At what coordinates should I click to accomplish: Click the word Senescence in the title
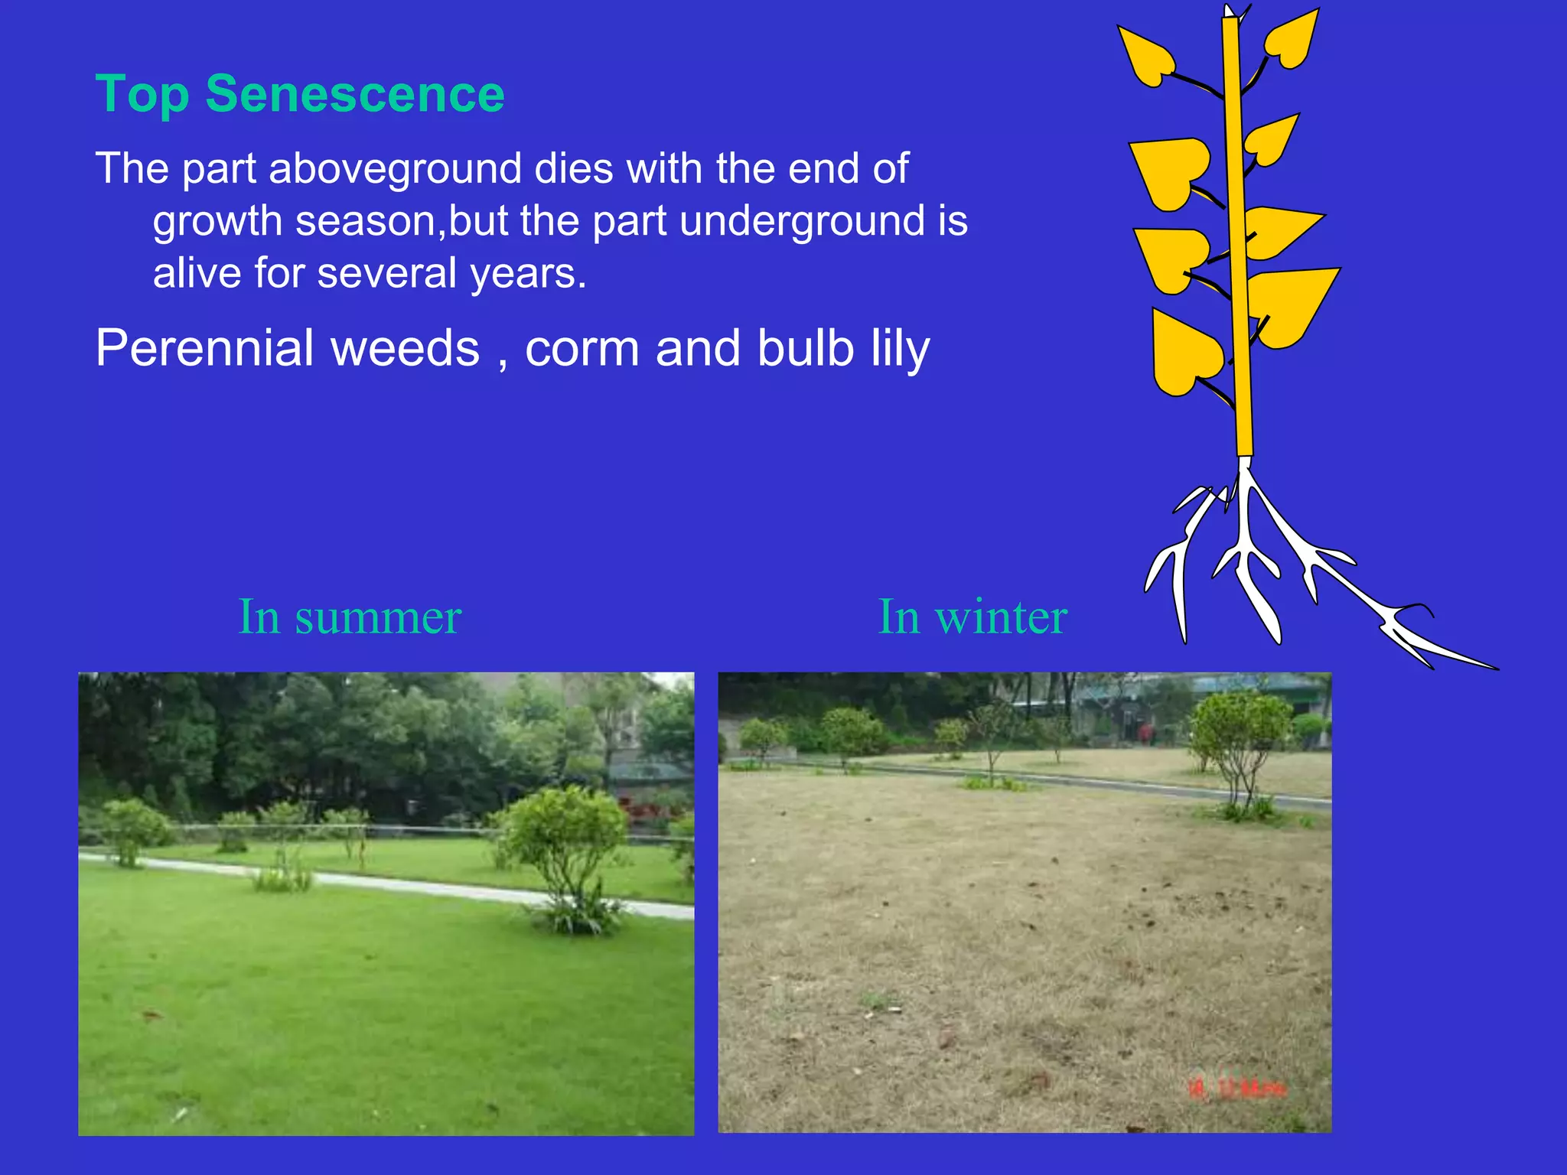[355, 94]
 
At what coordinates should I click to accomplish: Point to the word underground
[803, 222]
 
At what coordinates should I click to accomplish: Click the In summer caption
[350, 617]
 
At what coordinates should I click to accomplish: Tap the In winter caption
[972, 617]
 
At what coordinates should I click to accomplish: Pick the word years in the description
[527, 274]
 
